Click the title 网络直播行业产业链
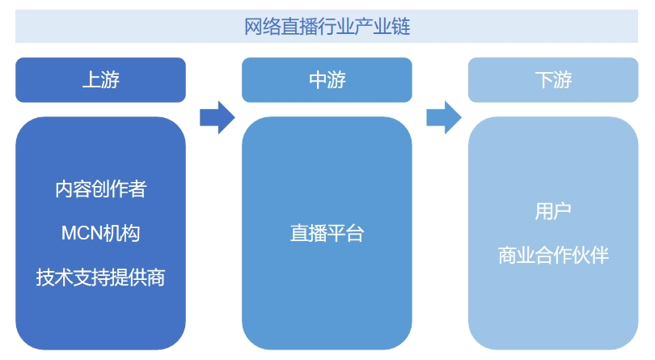point(327,27)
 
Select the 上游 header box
point(101,79)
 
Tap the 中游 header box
point(327,79)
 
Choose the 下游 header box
point(553,79)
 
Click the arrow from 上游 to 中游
point(217,117)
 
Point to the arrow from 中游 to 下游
point(443,117)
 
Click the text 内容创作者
point(101,189)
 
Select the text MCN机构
point(101,233)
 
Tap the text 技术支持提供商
point(101,277)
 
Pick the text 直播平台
point(327,234)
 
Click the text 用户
point(553,212)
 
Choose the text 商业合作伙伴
point(553,256)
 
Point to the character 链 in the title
point(401,27)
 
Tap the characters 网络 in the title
point(263,27)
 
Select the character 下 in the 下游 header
point(543,79)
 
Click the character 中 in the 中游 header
point(318,79)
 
